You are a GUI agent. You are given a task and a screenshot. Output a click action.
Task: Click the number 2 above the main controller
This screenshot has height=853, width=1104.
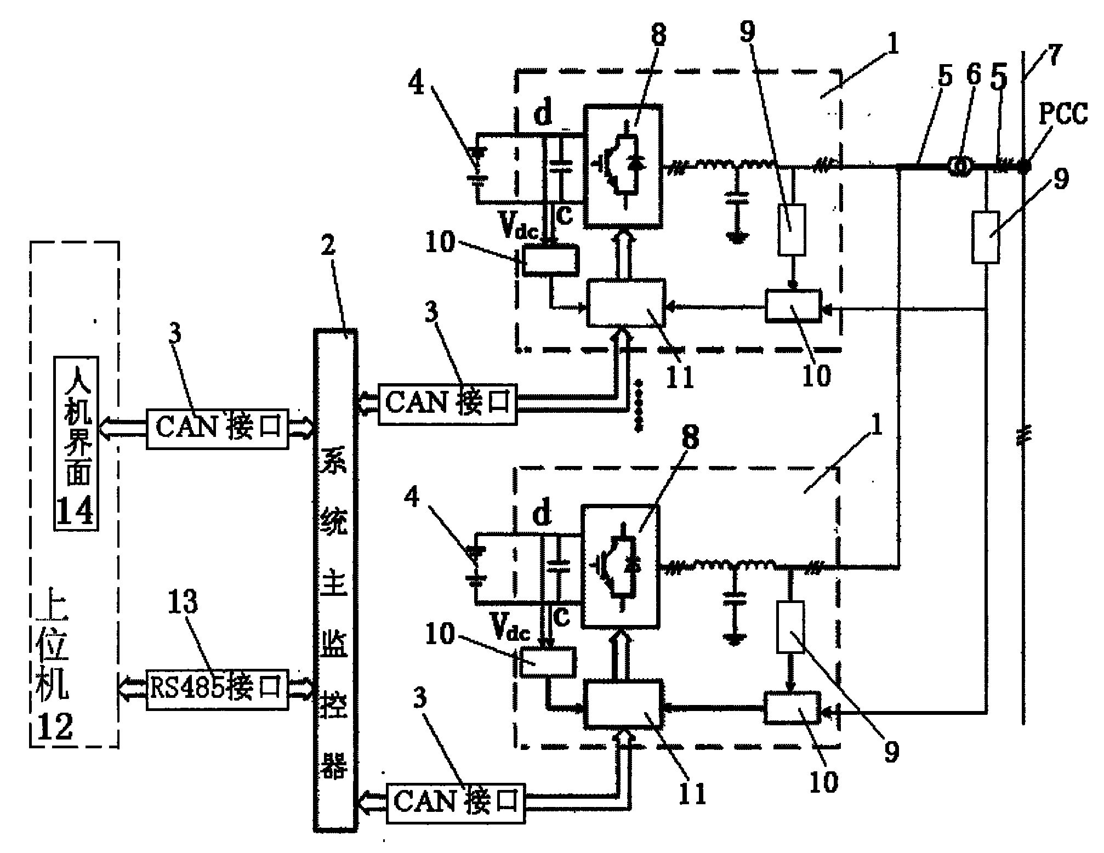point(328,245)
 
